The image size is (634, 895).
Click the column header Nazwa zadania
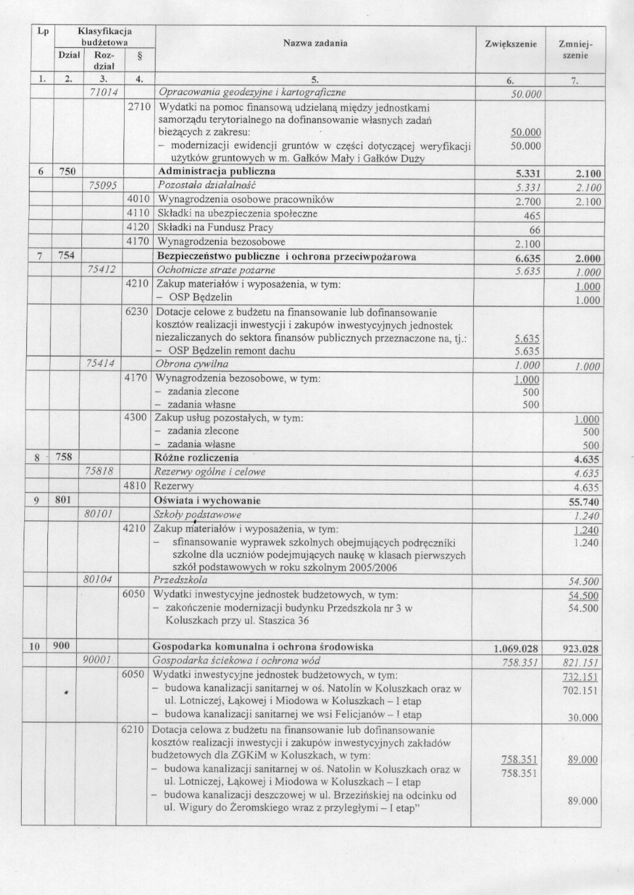tap(315, 43)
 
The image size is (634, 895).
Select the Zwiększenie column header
tap(511, 44)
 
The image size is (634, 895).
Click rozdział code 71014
tap(103, 92)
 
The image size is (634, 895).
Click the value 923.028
tap(580, 649)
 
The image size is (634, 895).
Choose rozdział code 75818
tap(100, 471)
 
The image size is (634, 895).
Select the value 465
tap(532, 215)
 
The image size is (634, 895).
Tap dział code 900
tap(61, 646)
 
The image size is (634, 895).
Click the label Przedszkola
tap(180, 579)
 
